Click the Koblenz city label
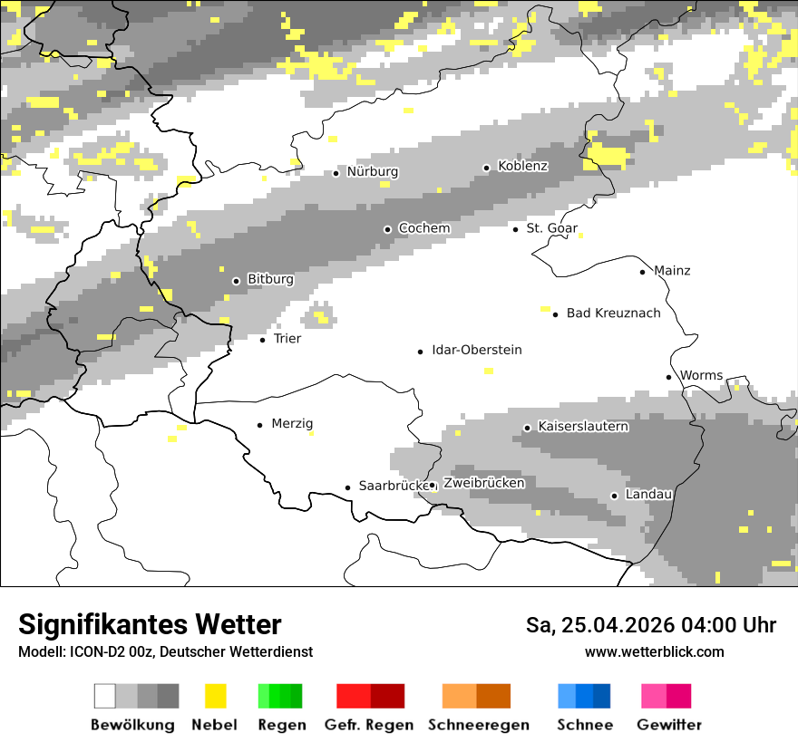pyautogui.click(x=522, y=167)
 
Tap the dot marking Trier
pyautogui.click(x=263, y=340)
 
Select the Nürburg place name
pyautogui.click(x=372, y=172)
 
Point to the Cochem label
pyautogui.click(x=423, y=228)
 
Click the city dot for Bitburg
pyautogui.click(x=236, y=281)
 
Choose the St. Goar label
pyautogui.click(x=551, y=228)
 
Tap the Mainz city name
pyautogui.click(x=672, y=271)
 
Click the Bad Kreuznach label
pyautogui.click(x=613, y=313)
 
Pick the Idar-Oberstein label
pyautogui.click(x=477, y=351)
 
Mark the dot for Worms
pyautogui.click(x=669, y=377)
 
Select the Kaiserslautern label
pyautogui.click(x=583, y=427)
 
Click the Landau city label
pyautogui.click(x=648, y=495)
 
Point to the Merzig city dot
pyautogui.click(x=260, y=424)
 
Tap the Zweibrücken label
pyautogui.click(x=484, y=484)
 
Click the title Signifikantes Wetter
pyautogui.click(x=150, y=625)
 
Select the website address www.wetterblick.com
pyautogui.click(x=655, y=652)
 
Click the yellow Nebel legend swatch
pyautogui.click(x=215, y=696)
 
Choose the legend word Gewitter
pyautogui.click(x=669, y=725)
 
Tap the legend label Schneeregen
pyautogui.click(x=478, y=725)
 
